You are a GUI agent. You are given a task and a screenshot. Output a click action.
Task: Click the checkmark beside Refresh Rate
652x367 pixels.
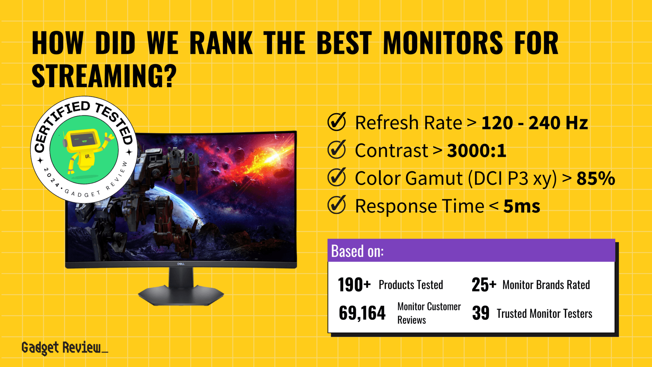(x=337, y=122)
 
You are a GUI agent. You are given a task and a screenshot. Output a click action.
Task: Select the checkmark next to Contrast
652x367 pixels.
(x=337, y=150)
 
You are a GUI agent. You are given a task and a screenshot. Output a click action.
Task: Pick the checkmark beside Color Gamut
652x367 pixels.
(x=337, y=177)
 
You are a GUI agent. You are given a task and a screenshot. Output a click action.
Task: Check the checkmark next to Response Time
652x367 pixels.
(x=337, y=205)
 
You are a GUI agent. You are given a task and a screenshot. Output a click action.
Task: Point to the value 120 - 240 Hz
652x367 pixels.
(x=534, y=123)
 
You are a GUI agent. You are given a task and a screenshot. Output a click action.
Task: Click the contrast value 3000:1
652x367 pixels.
(x=476, y=150)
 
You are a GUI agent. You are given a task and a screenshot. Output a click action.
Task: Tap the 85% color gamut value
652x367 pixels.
(x=596, y=178)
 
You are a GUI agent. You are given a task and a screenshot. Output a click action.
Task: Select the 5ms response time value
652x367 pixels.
(x=521, y=206)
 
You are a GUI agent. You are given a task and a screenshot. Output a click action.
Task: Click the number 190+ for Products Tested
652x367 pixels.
(x=354, y=284)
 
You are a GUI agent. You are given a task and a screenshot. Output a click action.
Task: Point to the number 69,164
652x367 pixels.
(x=362, y=313)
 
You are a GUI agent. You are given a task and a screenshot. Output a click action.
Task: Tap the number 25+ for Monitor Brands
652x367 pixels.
(x=484, y=284)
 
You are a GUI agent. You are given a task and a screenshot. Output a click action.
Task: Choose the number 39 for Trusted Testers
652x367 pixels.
(x=481, y=313)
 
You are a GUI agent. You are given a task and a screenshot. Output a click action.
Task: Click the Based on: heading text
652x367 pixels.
(x=357, y=251)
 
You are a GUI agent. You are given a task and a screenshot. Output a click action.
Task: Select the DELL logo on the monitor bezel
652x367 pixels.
(x=181, y=264)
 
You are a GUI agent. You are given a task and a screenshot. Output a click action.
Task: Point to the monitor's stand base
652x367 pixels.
(x=181, y=295)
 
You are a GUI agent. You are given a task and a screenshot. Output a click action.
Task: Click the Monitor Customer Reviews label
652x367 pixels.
(x=429, y=313)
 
